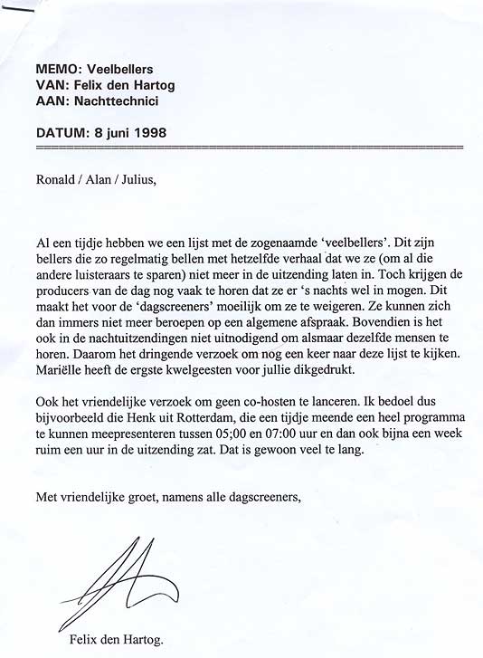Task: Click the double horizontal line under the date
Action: click(249, 147)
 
